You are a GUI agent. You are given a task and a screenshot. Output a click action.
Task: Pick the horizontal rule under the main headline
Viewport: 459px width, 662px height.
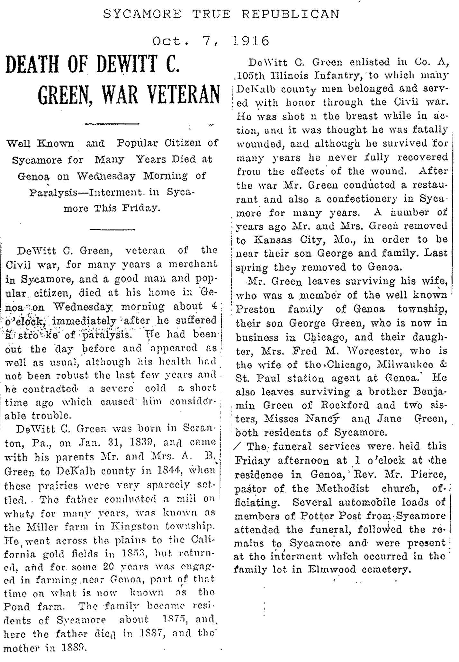[x=111, y=123]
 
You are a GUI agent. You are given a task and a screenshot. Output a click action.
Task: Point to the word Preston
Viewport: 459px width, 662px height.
[x=255, y=309]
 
